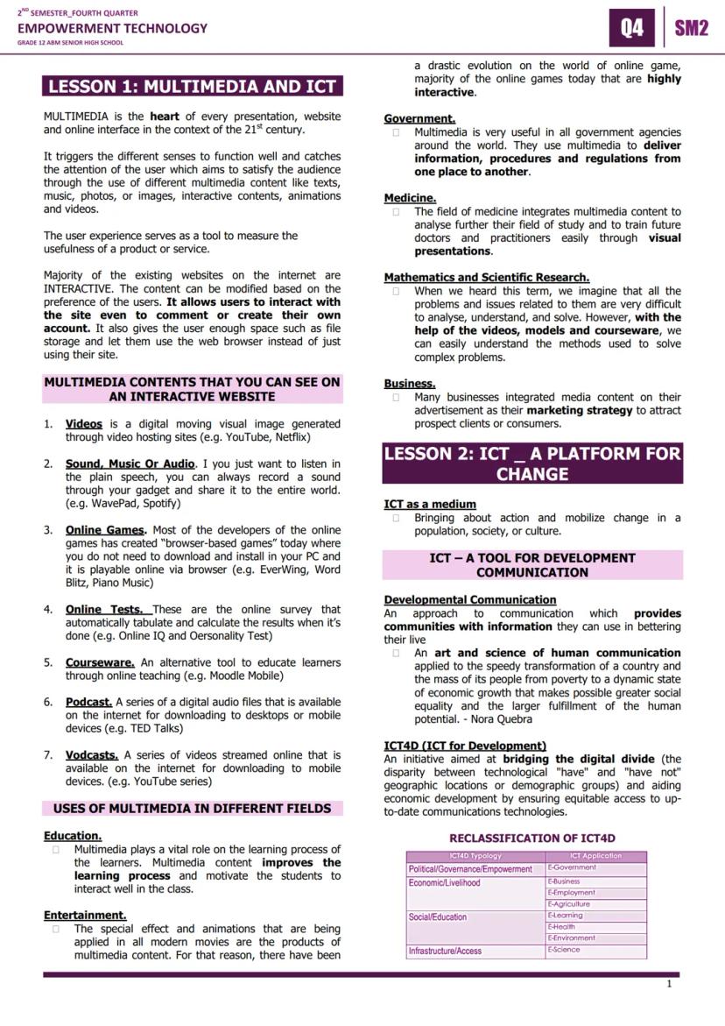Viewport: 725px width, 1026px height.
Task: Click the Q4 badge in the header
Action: point(631,28)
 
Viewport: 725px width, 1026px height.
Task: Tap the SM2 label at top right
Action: point(691,28)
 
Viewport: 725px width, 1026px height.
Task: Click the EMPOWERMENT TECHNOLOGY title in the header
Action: point(113,28)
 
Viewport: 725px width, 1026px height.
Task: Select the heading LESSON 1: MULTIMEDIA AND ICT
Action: point(193,86)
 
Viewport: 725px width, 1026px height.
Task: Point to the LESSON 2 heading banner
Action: point(532,463)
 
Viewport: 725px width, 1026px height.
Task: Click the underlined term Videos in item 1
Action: point(84,424)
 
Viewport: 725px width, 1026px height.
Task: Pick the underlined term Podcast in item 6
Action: point(88,702)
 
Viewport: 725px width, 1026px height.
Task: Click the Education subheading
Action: point(73,836)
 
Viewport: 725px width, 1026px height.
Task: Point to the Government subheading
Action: point(419,118)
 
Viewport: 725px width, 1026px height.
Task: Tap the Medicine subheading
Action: point(410,198)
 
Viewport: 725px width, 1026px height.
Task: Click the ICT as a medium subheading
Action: point(430,504)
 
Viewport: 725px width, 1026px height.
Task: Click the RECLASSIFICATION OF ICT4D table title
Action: point(532,838)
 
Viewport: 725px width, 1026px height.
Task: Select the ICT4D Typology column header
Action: point(475,856)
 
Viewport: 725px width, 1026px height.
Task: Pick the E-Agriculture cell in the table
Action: point(569,904)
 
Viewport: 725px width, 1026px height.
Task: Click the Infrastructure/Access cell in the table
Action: point(445,951)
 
